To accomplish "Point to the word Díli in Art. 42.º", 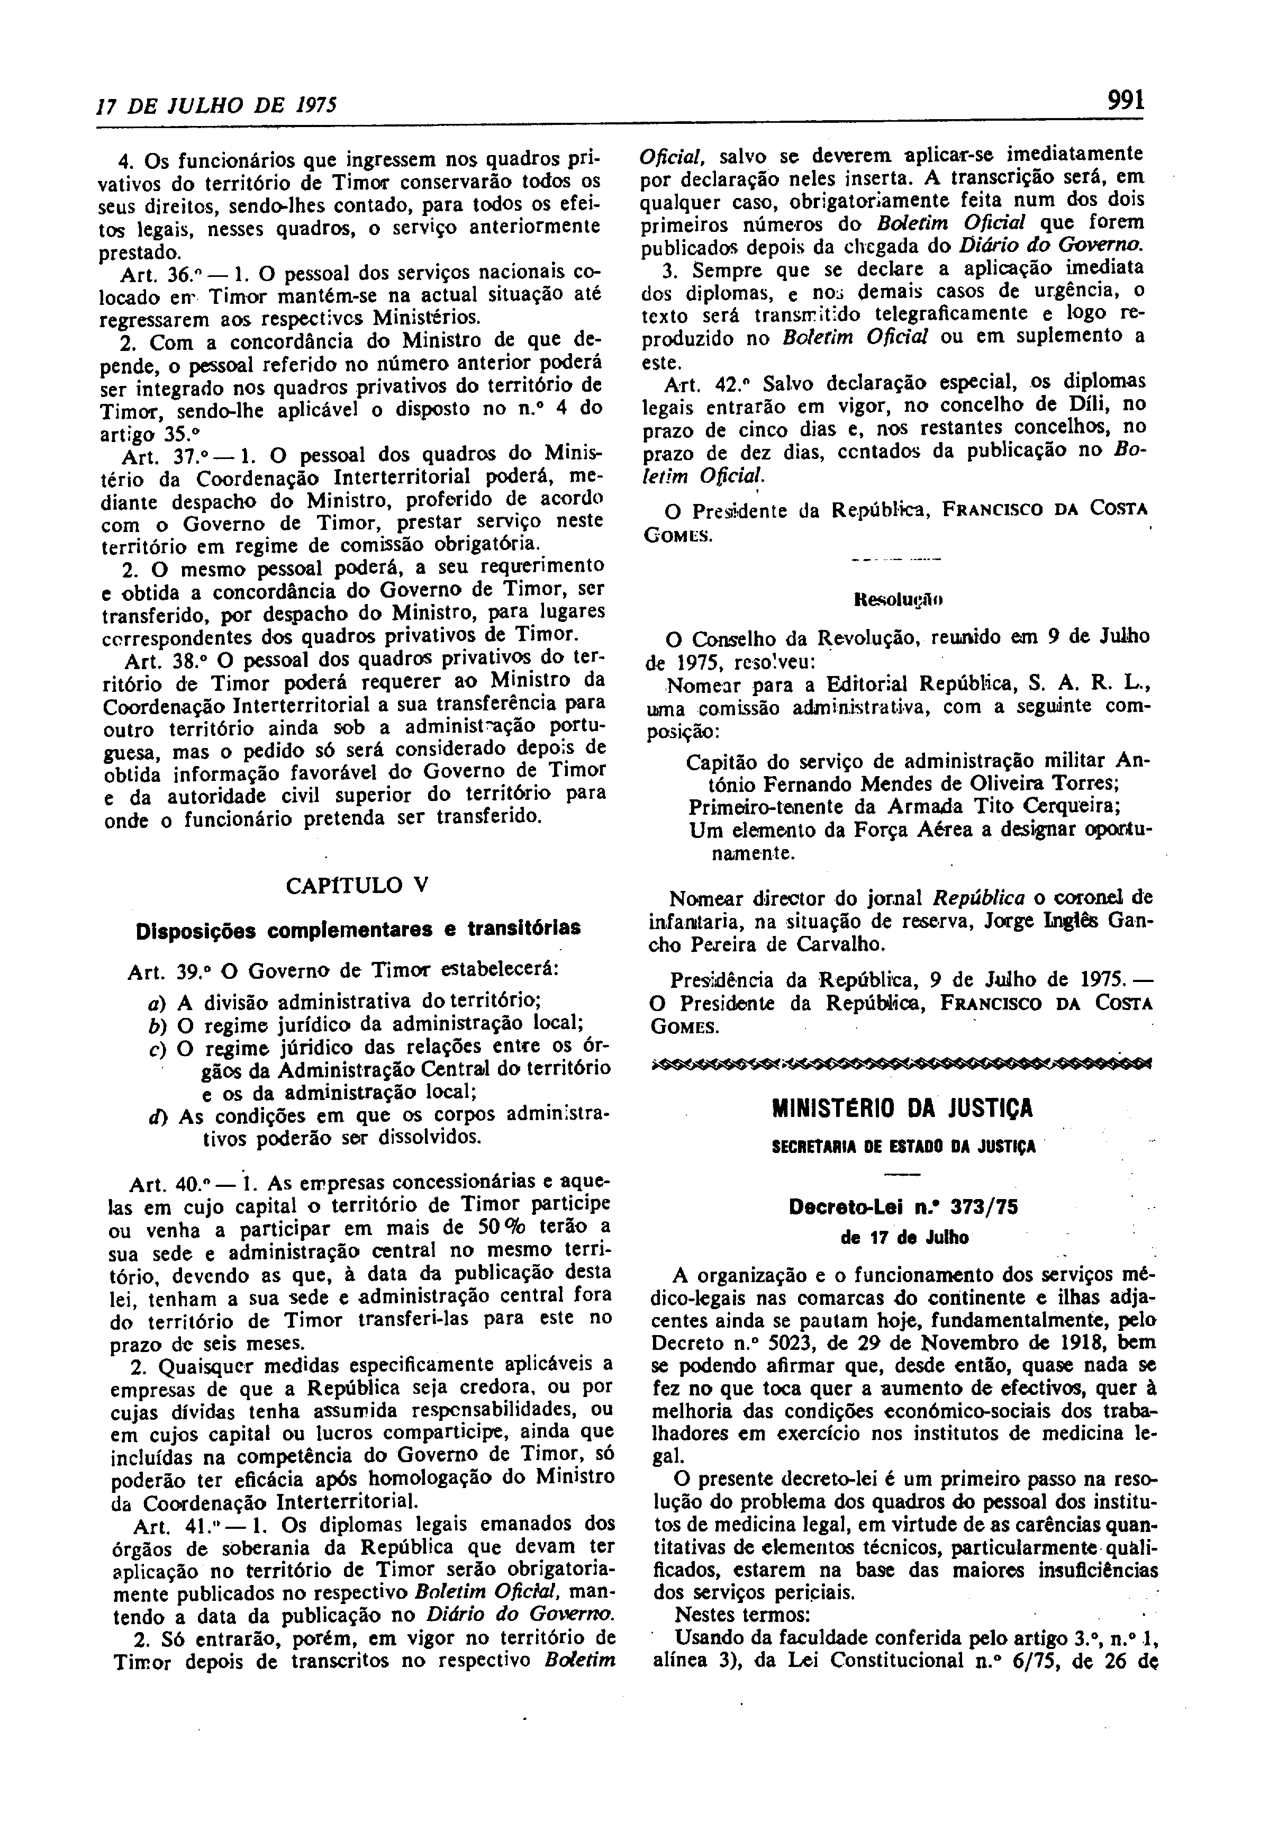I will (1074, 404).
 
